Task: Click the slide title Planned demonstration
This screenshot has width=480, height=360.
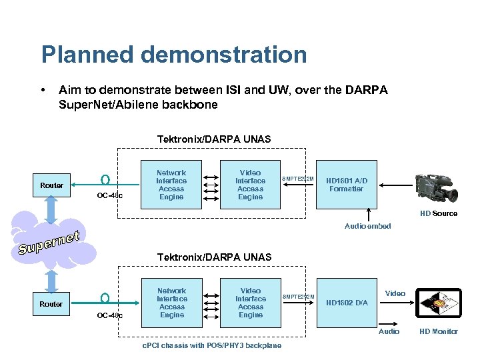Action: tap(173, 55)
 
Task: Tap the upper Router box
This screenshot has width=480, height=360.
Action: tap(51, 185)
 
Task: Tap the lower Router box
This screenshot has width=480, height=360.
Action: tap(51, 304)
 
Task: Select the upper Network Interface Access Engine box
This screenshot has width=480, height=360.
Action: tap(171, 185)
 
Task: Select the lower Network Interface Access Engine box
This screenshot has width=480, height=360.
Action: tap(171, 303)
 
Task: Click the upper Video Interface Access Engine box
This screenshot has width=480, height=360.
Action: tap(250, 185)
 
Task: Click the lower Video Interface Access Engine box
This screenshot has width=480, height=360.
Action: tap(250, 303)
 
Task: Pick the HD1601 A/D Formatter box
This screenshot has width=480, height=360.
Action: tap(346, 185)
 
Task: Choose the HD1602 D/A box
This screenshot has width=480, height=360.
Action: tap(346, 303)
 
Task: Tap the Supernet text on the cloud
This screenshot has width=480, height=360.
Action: tap(49, 243)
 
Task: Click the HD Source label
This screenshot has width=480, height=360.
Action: tap(438, 213)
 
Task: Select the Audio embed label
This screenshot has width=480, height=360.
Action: tap(367, 227)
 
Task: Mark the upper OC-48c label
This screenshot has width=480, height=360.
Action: tap(109, 196)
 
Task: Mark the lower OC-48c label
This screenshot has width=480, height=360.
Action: tap(109, 315)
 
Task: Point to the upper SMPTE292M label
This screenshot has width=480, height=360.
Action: tap(298, 179)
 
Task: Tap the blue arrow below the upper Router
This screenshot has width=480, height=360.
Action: tap(51, 209)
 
